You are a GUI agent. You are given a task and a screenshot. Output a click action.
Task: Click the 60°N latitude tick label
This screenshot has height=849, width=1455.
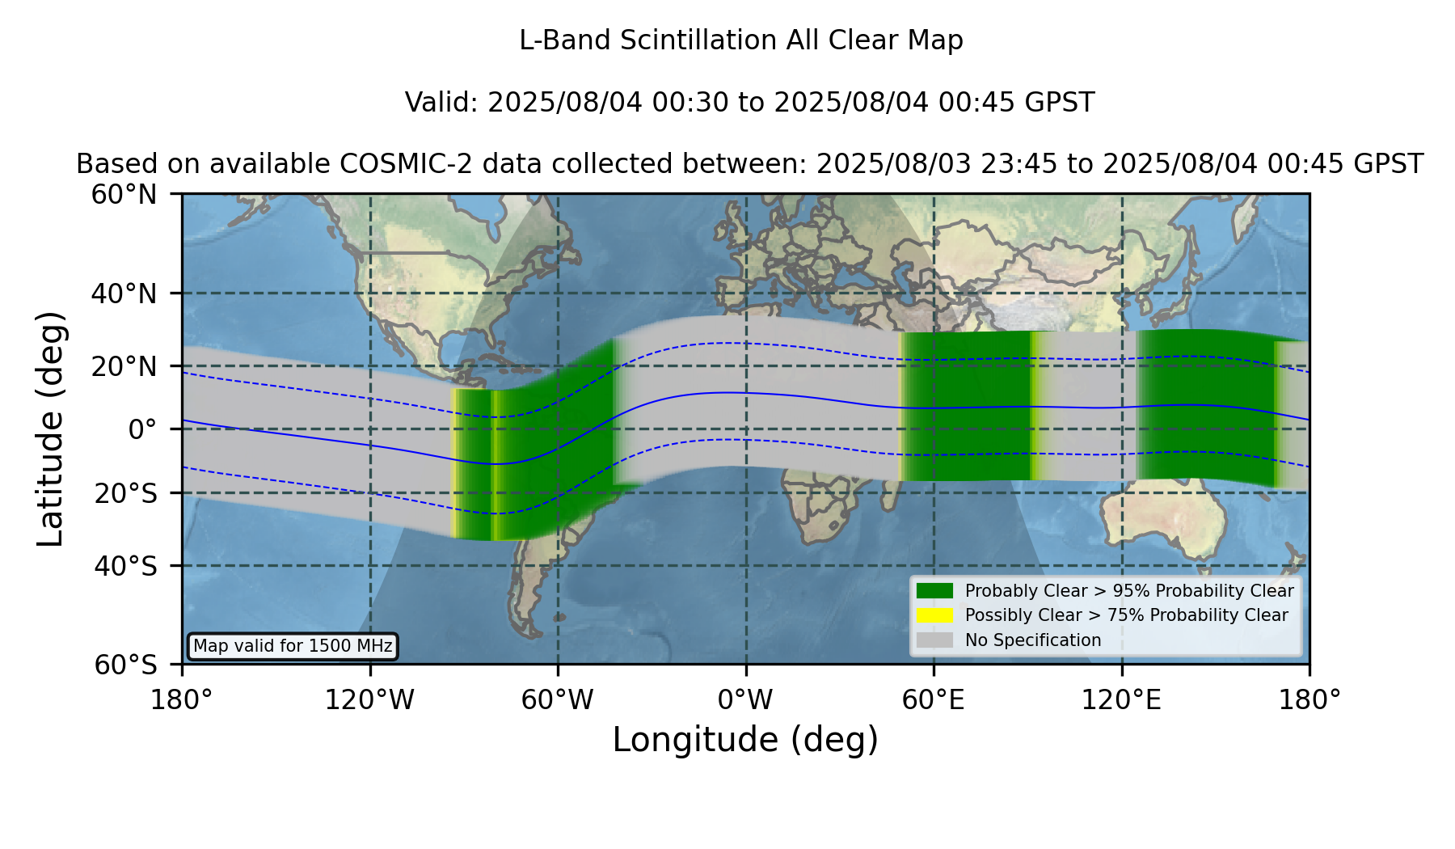pos(124,195)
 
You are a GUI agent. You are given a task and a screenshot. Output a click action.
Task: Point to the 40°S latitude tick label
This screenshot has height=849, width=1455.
pos(126,566)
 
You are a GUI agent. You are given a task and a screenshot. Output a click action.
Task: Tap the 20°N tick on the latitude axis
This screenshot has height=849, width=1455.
pos(124,366)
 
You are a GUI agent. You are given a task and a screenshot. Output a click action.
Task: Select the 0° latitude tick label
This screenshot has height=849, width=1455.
pos(142,429)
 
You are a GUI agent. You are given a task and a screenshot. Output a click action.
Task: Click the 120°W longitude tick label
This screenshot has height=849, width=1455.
pos(369,700)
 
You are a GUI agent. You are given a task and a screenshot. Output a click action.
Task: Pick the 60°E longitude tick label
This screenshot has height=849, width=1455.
pos(934,700)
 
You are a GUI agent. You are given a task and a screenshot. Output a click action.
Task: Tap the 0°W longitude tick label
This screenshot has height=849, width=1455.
pos(745,700)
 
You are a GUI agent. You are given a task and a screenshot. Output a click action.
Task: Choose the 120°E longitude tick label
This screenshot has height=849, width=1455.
pos(1122,700)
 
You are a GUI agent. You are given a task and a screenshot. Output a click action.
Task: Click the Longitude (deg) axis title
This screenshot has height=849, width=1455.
pos(745,740)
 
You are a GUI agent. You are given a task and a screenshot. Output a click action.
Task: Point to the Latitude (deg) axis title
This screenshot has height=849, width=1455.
pos(51,429)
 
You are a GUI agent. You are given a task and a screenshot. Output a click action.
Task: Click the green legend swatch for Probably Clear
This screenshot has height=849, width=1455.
pos(934,591)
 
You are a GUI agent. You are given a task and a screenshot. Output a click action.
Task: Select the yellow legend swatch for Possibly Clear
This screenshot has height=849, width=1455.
pos(934,615)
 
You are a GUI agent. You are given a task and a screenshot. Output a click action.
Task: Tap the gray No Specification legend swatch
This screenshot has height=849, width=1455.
pos(934,640)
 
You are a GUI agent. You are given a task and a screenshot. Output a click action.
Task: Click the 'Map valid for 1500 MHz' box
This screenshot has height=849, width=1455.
pos(293,646)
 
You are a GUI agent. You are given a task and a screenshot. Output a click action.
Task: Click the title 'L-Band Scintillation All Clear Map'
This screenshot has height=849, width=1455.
pos(741,40)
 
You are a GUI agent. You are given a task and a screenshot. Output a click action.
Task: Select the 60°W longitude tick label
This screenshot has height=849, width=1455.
pos(558,700)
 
